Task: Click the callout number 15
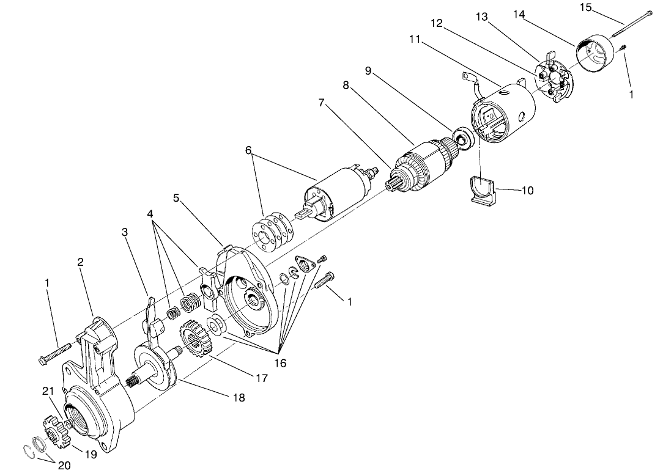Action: coord(585,7)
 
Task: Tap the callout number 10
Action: coord(527,191)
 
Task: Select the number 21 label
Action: coord(47,392)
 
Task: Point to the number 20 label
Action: coord(64,465)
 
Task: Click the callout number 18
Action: coord(238,397)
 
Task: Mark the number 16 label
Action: coord(280,362)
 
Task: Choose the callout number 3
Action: coord(125,232)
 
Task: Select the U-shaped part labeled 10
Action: coord(483,189)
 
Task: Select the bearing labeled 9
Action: coord(462,137)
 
